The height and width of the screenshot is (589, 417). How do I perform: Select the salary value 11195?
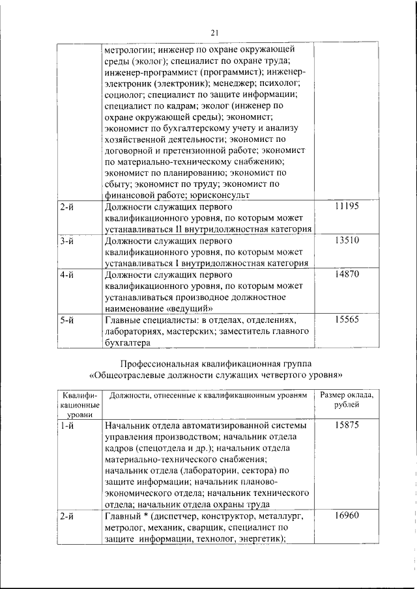(346, 206)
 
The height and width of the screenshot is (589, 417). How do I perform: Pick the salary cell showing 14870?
(346, 275)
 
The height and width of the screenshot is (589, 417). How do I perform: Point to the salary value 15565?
(346, 320)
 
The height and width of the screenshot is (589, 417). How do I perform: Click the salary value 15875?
(346, 426)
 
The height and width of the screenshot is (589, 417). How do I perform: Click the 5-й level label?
(66, 320)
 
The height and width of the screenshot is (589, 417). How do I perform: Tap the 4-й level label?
(66, 275)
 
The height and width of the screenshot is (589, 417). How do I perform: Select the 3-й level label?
(66, 241)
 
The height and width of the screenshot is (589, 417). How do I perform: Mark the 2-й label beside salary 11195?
(66, 206)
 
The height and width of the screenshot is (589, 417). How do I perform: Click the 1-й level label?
(66, 426)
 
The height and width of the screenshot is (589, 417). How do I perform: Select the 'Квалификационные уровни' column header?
(78, 404)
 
